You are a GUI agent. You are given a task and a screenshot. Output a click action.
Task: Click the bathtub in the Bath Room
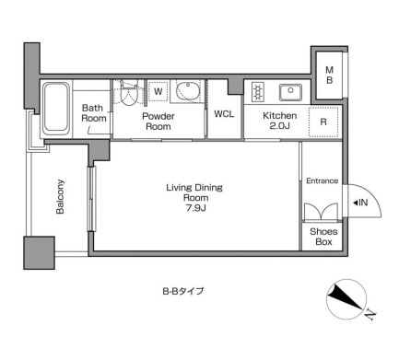pos(55,108)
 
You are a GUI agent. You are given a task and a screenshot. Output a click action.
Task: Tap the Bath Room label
pos(94,113)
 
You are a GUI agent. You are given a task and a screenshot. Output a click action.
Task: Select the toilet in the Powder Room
pos(128,92)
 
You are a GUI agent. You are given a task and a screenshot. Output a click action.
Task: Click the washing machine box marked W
pos(158,91)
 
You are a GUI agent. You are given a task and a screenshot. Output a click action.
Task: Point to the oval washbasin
pos(188,90)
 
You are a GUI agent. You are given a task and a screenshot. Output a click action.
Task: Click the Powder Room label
pos(158,122)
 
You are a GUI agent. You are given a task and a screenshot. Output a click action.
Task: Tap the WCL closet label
pos(224,114)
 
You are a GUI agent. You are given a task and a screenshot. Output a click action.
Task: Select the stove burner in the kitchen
pos(257,92)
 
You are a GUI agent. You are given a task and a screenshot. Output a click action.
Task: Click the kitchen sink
pos(290,92)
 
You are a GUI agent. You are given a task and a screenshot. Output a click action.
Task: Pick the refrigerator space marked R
pos(323,122)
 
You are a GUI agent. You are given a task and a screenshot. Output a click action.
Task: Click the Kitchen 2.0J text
pos(279,121)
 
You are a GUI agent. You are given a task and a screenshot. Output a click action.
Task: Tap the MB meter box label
pos(329,75)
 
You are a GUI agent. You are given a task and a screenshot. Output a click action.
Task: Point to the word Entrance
pos(322,180)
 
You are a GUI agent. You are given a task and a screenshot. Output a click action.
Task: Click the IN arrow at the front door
pos(360,203)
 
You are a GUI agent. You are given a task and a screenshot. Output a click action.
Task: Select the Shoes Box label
pos(323,237)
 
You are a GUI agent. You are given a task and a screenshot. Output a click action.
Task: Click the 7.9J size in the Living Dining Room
pos(195,208)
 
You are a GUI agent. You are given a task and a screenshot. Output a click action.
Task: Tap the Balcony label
pos(60,197)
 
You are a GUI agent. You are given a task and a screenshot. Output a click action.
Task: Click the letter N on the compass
pos(370,315)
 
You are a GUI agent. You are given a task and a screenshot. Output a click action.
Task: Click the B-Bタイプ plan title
pos(183,291)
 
